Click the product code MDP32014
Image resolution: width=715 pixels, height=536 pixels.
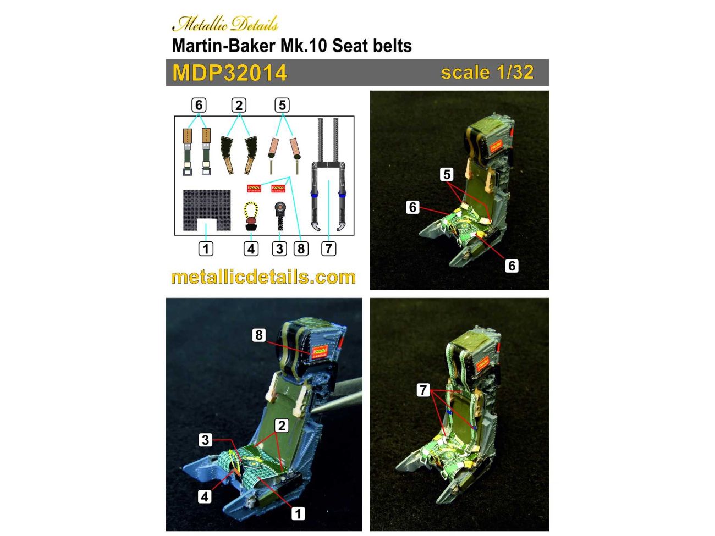point(229,73)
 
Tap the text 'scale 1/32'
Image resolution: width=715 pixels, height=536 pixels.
point(487,73)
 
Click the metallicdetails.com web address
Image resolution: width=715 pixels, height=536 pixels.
point(263,277)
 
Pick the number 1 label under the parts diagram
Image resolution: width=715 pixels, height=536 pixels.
point(206,248)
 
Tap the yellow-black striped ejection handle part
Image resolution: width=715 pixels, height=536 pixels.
point(251,215)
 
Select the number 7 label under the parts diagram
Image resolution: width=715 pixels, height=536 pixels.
point(328,248)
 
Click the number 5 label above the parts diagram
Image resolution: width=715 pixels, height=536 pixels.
point(282,105)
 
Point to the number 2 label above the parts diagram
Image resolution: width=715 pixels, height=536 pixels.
point(238,105)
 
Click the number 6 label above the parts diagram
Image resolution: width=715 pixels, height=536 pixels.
point(199,105)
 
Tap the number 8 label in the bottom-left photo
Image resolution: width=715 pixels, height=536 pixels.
point(259,335)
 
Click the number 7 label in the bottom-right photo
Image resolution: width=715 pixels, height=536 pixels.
point(423,390)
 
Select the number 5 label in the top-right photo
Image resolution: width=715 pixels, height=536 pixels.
point(447,174)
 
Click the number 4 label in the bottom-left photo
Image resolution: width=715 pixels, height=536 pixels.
point(205,496)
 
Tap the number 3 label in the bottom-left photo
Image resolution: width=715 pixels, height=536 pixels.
point(205,440)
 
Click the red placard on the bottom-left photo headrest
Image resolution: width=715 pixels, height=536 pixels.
point(320,351)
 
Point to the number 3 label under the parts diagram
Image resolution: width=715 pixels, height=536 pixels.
point(279,248)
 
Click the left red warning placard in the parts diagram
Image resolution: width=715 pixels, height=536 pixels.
point(255,189)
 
